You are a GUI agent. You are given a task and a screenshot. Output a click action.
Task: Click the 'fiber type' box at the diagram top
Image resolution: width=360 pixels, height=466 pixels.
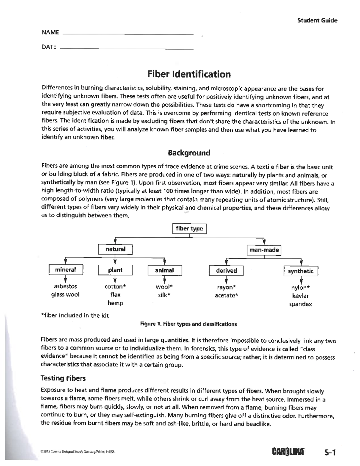pos(189,229)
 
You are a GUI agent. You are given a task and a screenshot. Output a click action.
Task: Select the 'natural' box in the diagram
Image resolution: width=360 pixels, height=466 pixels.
pos(115,249)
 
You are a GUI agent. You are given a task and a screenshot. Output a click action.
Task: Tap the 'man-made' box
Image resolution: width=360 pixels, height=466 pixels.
pos(264,250)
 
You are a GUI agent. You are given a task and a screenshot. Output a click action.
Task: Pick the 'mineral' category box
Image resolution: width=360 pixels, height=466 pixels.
pos(66,270)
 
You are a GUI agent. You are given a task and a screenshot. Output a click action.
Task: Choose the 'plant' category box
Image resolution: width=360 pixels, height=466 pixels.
pos(115,270)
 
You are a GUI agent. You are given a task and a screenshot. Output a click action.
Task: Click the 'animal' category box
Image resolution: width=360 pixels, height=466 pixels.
pos(164,270)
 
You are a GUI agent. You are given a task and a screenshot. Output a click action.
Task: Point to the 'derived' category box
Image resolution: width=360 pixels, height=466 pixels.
pos(226,271)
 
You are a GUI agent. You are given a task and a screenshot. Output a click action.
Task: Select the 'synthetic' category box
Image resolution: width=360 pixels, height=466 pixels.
pos(301,271)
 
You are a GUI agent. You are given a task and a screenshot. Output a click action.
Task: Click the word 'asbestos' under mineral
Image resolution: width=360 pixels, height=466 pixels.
pos(65,286)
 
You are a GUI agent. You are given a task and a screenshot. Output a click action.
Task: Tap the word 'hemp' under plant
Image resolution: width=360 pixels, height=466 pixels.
pos(115,303)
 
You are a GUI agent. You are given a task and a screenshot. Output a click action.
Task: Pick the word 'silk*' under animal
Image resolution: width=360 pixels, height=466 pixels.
pos(164,295)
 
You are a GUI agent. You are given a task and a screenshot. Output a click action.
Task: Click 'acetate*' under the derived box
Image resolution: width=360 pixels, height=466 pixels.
pos(226,296)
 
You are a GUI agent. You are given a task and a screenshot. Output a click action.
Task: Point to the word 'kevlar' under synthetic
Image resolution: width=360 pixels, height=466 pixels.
pos(300,296)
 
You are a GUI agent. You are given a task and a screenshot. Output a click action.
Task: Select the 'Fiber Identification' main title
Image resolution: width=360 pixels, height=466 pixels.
pos(189,74)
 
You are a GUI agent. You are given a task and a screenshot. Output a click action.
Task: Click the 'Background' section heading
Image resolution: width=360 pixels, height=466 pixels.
pos(189,153)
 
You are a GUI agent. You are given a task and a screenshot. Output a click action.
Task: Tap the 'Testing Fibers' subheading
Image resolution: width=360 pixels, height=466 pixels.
pos(63,378)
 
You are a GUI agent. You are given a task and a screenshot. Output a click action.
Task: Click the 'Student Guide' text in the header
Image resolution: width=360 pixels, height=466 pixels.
pos(317,20)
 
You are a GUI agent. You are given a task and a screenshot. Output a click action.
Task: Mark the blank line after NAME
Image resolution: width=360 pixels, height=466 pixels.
pos(128,34)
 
